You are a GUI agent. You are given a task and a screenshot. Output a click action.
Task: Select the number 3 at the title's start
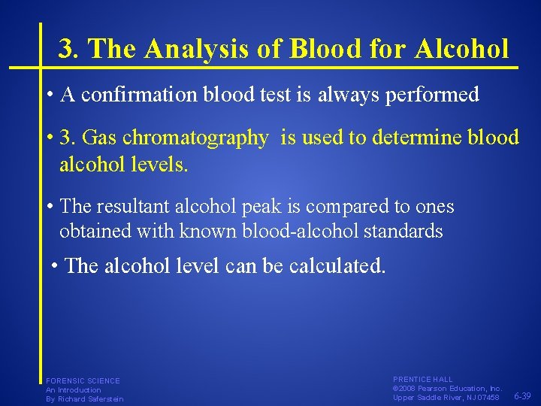tap(66, 50)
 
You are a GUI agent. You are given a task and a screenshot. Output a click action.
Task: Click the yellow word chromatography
tap(206, 138)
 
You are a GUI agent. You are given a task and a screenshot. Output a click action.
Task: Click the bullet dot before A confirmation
tap(48, 95)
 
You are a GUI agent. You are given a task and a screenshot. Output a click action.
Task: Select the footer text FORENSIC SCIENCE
tap(83, 381)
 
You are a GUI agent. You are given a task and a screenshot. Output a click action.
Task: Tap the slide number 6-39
tap(522, 396)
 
